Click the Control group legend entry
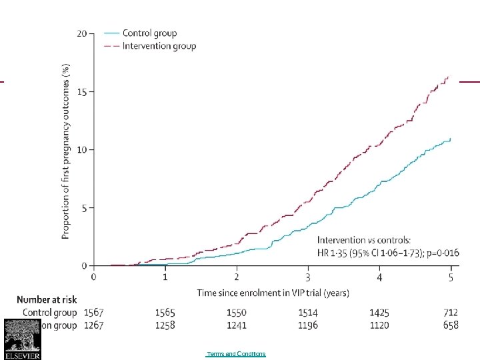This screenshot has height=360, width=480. coord(149,33)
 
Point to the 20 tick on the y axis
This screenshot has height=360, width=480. coord(81,33)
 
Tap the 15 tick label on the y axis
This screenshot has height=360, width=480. coord(81,91)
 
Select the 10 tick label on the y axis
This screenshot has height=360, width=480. coord(81,149)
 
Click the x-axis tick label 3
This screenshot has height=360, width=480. coord(308,277)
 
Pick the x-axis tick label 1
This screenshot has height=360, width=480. coord(165,277)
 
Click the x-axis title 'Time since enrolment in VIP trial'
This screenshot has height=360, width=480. coord(273,293)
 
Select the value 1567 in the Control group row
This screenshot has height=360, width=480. coord(94,312)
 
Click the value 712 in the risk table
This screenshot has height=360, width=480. coord(451,312)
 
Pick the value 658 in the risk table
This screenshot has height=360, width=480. coord(451,325)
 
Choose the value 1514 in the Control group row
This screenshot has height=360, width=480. coord(308,312)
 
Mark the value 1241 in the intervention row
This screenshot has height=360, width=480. coord(237,325)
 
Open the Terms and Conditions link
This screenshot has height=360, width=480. coord(236,354)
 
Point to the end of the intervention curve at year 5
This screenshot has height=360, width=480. coord(449,77)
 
